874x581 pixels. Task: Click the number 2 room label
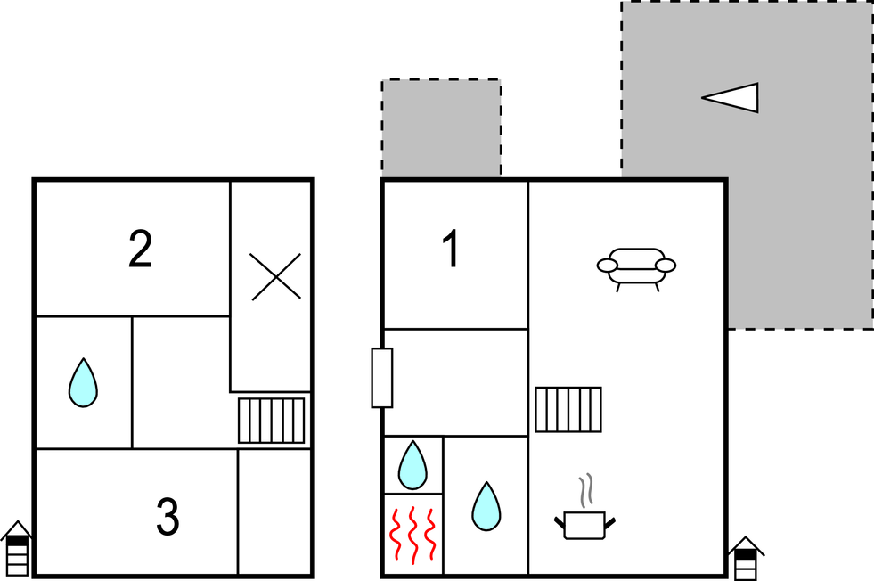coord(141,250)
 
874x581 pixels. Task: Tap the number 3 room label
coord(167,516)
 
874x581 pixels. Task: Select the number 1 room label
coord(451,249)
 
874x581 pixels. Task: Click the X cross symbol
coord(275,276)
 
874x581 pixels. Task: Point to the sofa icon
coord(636,270)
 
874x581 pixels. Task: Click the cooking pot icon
coord(584,525)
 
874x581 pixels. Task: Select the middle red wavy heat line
coord(413,536)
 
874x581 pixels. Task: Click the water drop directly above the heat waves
coord(412,465)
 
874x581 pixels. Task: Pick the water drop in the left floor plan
coord(83,383)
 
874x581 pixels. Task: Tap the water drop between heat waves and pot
coord(486,506)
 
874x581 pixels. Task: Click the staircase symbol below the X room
coord(272,421)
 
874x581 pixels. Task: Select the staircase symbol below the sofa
coord(568,409)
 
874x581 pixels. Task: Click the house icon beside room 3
coord(17,548)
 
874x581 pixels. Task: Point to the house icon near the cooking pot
coord(746,559)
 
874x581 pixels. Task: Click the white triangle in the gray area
coord(731,98)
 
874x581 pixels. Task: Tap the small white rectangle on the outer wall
coord(382,378)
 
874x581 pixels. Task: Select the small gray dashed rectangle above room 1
coord(441,129)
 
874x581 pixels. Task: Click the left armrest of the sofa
coord(608,266)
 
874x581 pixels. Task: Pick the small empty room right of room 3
coord(274,511)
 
